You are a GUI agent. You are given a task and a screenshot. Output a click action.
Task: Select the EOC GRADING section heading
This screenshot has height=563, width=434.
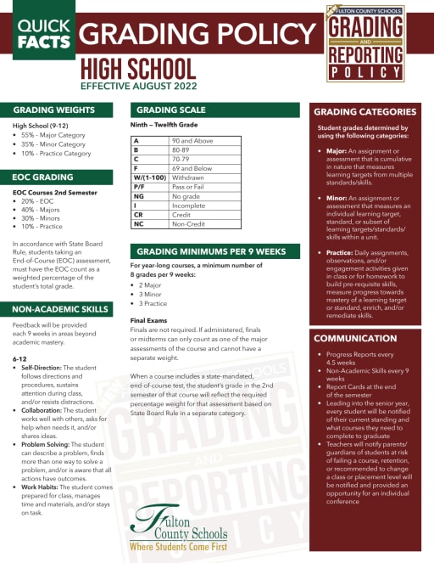[x=42, y=177]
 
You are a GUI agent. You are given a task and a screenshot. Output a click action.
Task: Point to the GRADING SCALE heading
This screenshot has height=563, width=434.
[x=170, y=110]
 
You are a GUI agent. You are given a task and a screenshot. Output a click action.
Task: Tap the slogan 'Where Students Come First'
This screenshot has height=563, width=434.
[x=177, y=549]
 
